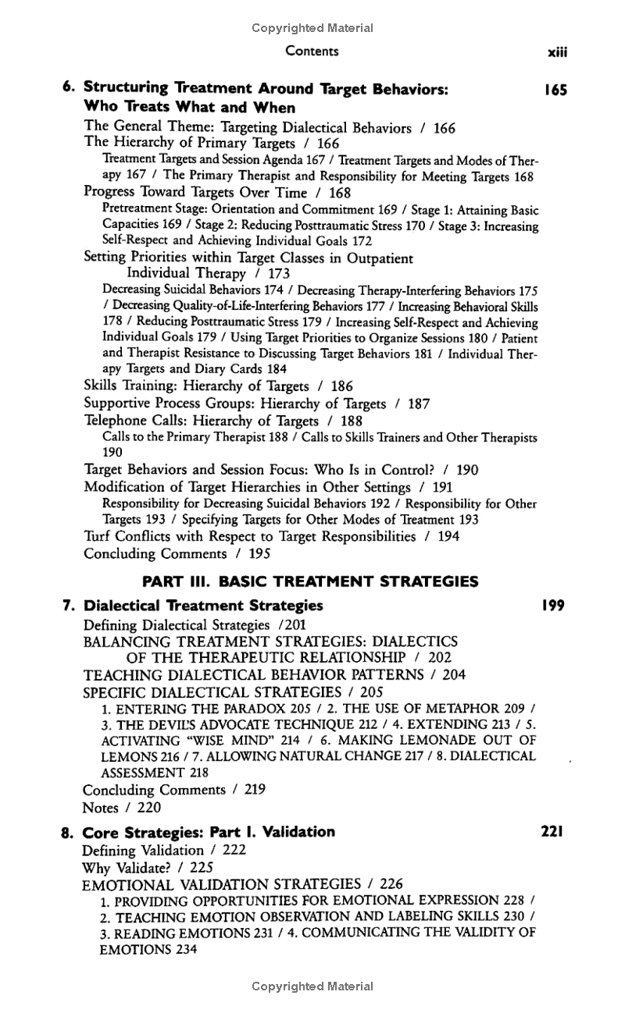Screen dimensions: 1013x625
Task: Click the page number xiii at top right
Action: point(557,52)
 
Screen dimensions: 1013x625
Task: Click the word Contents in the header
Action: point(312,52)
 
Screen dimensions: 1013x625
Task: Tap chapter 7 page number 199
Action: point(554,605)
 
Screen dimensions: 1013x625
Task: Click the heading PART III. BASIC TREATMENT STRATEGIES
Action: point(310,581)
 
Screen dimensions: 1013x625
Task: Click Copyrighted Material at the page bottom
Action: point(312,986)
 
